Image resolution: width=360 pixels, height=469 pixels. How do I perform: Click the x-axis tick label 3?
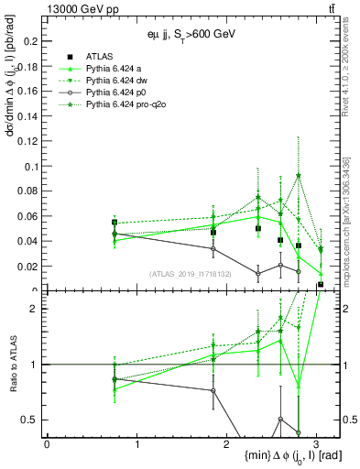pos(316,443)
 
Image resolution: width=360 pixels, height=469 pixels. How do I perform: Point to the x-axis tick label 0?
pos(47,443)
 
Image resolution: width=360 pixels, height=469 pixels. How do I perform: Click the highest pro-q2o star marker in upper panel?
pos(299,175)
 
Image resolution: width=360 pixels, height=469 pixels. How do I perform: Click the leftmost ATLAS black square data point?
pos(115,222)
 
